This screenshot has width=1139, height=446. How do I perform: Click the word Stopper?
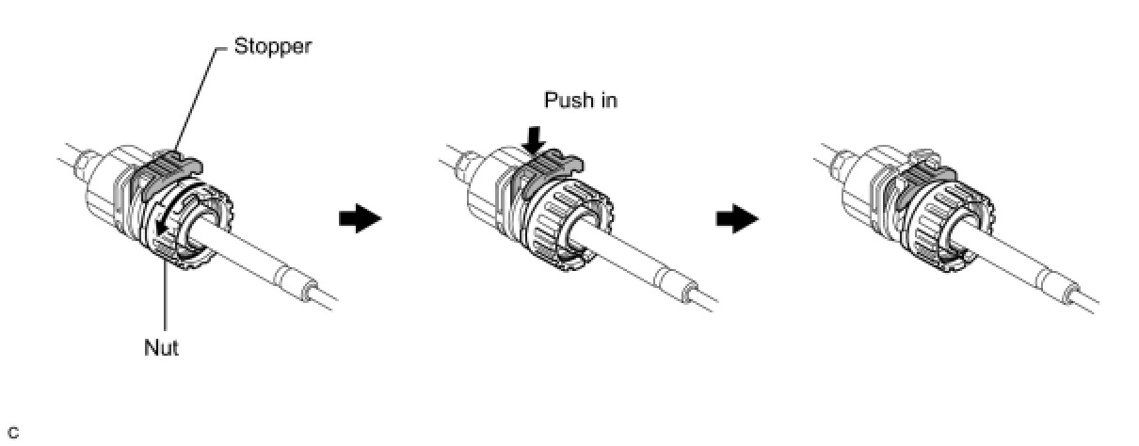click(x=272, y=46)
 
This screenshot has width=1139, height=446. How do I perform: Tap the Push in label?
click(x=580, y=100)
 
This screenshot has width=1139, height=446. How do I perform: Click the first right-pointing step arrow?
click(x=358, y=219)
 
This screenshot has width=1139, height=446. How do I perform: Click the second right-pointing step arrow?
click(x=737, y=219)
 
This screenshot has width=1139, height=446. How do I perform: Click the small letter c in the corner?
click(x=12, y=433)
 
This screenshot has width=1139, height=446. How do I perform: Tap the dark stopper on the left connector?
click(x=157, y=174)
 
